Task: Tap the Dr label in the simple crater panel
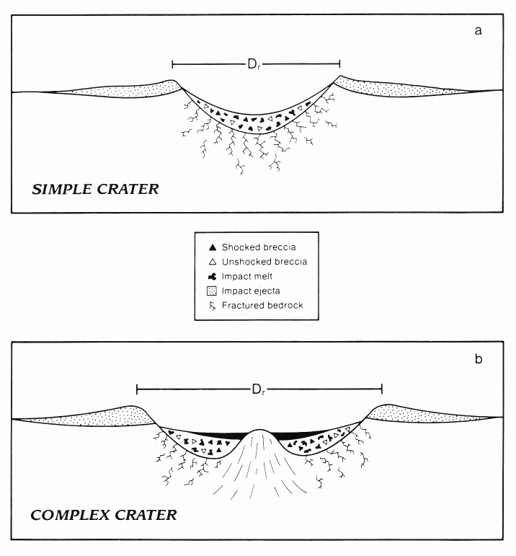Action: pyautogui.click(x=254, y=63)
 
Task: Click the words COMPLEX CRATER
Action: pyautogui.click(x=103, y=516)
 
